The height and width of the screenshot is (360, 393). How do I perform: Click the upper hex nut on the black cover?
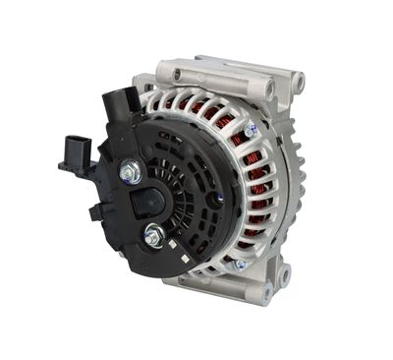click(130, 172)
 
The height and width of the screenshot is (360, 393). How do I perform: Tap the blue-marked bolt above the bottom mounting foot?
click(239, 264)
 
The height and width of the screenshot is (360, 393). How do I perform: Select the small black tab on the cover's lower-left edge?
click(95, 211)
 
